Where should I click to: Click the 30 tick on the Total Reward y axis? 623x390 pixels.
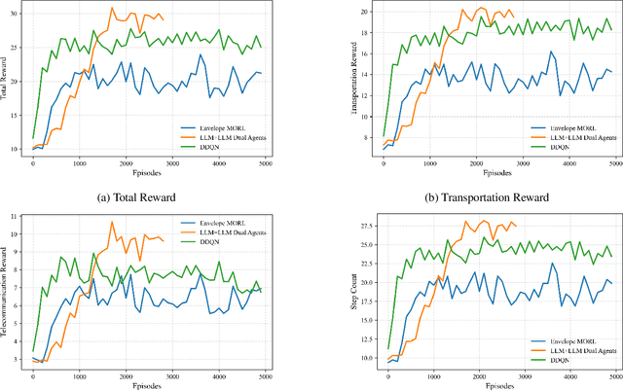[16, 13]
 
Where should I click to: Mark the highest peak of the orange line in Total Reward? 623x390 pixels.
[112, 9]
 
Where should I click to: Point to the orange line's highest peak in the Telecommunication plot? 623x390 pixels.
[112, 222]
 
